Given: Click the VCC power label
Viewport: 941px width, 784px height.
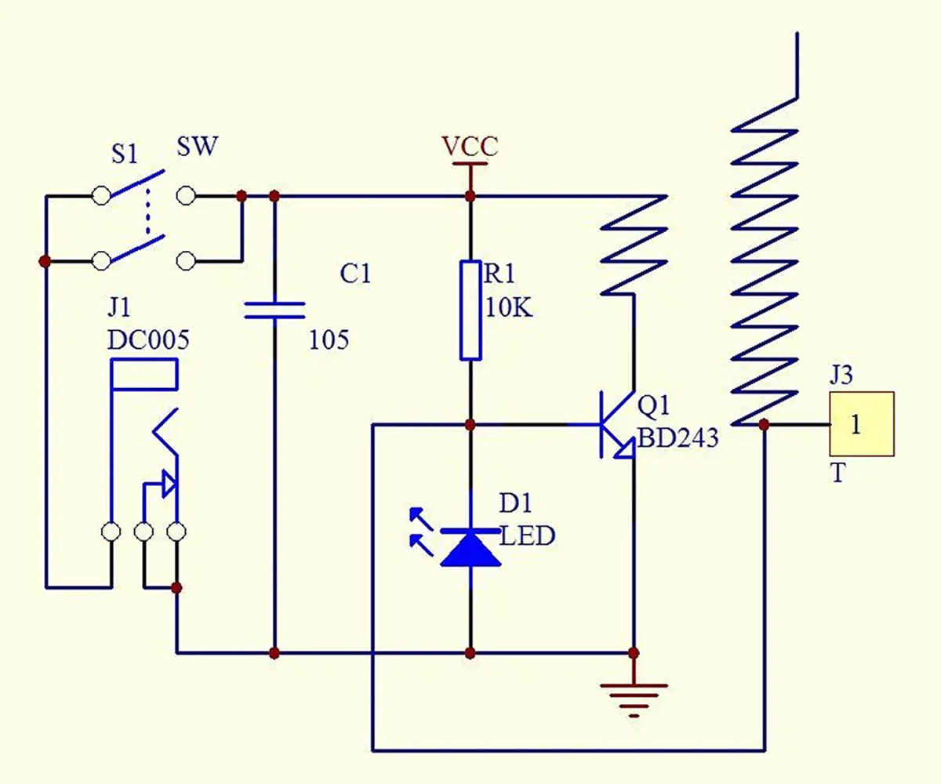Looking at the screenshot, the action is (470, 147).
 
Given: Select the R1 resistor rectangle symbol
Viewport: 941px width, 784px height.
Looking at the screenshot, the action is (470, 310).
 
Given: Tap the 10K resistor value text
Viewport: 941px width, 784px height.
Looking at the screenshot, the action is (509, 308).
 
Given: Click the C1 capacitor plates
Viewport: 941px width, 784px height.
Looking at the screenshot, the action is (274, 310).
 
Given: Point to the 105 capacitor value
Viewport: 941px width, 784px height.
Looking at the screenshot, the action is (329, 340).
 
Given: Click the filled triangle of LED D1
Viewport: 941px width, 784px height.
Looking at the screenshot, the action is (470, 550).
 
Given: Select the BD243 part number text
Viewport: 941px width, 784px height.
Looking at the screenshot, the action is (678, 437).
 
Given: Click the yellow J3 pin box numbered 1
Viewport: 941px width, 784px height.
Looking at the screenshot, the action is (862, 424).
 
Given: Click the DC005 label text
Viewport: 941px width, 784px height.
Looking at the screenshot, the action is (148, 340).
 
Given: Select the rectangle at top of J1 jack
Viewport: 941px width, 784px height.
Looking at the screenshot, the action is (144, 374).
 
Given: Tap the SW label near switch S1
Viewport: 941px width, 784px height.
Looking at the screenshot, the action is (198, 147).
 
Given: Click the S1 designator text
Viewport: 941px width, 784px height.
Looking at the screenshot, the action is (125, 154).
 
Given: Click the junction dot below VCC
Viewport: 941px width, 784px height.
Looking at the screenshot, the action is (470, 197).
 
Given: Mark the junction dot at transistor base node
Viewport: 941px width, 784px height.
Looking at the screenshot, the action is (470, 424).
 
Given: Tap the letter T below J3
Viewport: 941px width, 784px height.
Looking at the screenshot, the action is (837, 474).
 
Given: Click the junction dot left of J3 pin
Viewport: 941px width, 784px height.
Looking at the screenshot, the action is (764, 424).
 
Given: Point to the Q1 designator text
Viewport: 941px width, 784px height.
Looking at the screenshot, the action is (653, 405).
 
